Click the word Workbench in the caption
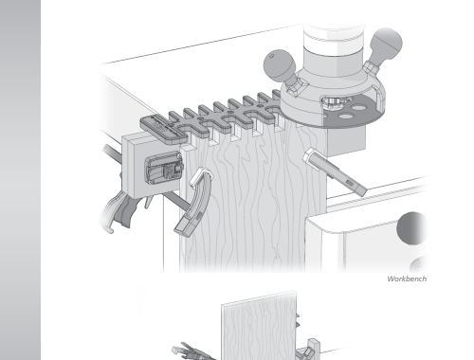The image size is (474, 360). click(407, 279)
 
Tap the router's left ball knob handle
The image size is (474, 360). click(279, 63)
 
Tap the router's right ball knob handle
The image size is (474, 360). click(386, 43)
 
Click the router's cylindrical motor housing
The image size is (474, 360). click(334, 45)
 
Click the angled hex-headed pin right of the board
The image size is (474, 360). click(335, 171)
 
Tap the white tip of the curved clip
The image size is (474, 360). click(200, 176)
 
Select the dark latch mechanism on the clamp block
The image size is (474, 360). click(164, 168)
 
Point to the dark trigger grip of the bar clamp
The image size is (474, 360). click(121, 211)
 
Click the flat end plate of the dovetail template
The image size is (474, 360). click(163, 129)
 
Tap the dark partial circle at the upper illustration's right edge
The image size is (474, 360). click(412, 228)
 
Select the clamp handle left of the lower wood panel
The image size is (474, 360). click(193, 351)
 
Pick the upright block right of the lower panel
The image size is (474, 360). click(313, 349)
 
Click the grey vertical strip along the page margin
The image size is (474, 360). click(20, 180)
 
